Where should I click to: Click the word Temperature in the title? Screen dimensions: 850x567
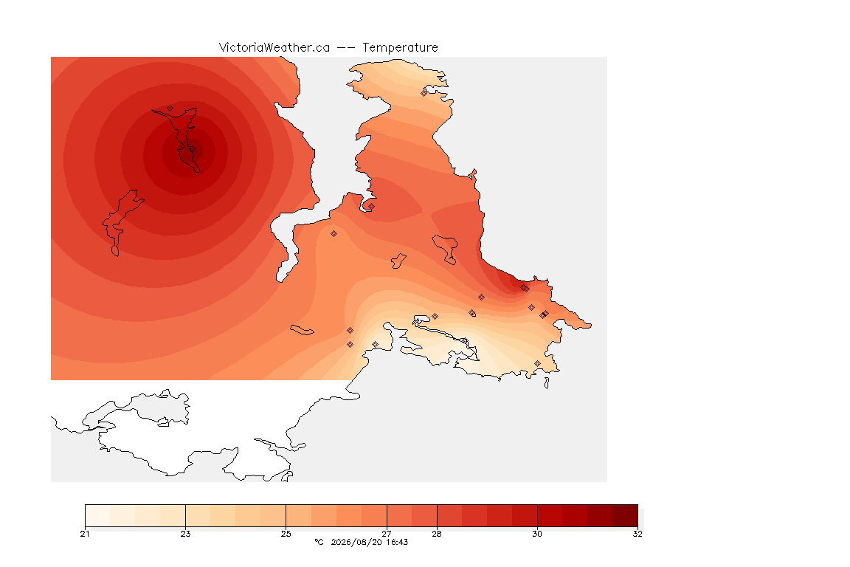click(400, 48)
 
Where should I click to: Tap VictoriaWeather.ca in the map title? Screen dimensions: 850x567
click(274, 48)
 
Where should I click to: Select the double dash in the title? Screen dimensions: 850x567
click(346, 48)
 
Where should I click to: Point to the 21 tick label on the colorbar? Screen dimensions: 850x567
click(85, 534)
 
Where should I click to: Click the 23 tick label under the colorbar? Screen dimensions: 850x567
click(185, 534)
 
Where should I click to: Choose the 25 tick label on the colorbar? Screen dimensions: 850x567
click(286, 534)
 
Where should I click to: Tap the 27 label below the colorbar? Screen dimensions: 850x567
click(387, 534)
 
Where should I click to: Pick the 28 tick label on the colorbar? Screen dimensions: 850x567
click(437, 534)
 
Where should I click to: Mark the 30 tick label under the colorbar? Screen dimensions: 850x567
click(537, 534)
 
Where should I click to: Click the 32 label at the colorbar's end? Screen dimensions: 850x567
click(637, 534)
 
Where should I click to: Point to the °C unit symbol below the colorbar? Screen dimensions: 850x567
click(319, 542)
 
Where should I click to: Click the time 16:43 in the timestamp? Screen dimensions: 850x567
click(397, 542)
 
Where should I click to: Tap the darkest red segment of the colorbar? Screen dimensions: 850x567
click(625, 515)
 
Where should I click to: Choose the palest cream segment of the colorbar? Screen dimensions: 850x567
click(97, 515)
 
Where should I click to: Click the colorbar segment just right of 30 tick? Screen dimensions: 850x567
click(550, 515)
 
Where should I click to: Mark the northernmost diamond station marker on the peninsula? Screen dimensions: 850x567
click(424, 93)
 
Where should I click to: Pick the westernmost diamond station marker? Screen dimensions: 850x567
click(170, 109)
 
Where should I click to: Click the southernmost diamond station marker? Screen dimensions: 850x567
click(537, 363)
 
